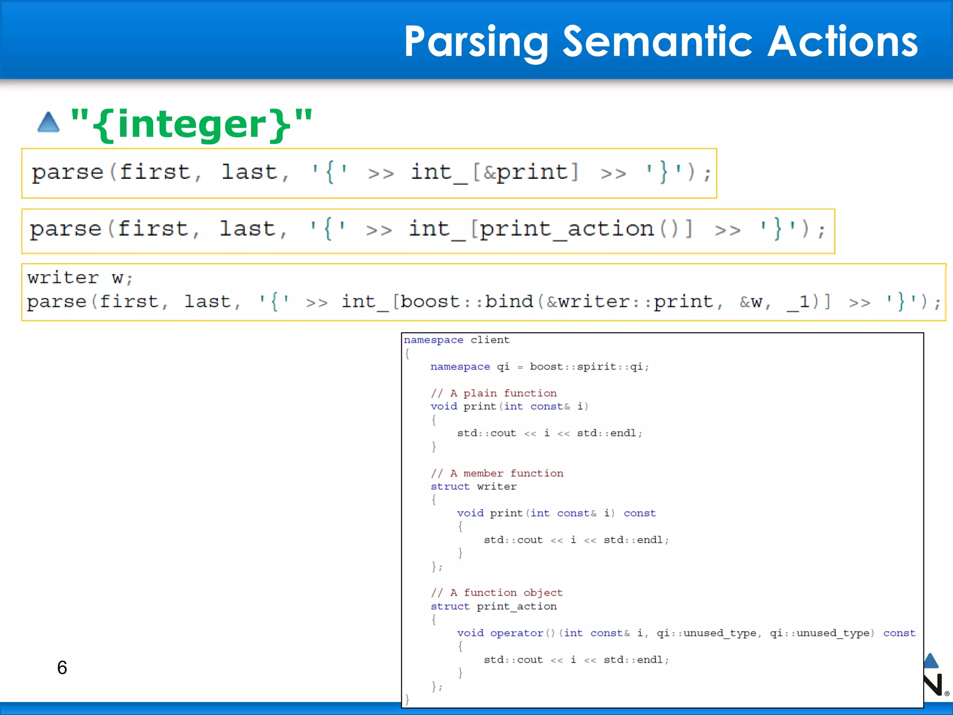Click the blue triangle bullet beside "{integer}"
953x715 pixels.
coord(48,122)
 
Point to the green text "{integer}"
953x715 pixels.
coord(191,124)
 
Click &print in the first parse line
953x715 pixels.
coord(525,172)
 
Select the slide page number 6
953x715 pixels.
coord(62,668)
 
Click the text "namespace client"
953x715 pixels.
coord(456,340)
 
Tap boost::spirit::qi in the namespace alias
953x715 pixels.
coord(586,367)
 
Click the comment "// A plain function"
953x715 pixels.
coord(493,393)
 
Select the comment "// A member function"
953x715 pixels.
coord(497,473)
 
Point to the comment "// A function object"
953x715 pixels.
coord(497,593)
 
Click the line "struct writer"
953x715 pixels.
coord(473,486)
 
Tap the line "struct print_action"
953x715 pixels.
coord(493,606)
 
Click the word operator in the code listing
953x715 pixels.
coord(517,633)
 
